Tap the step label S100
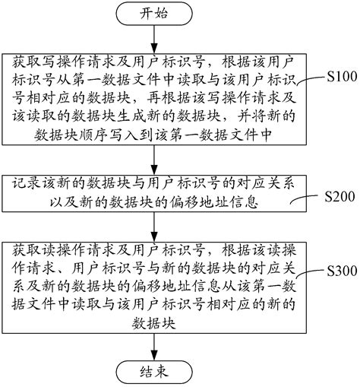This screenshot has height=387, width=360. click(x=340, y=77)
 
